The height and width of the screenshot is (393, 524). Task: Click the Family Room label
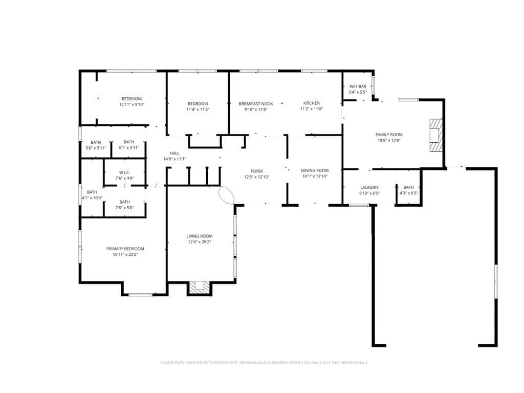tap(389, 135)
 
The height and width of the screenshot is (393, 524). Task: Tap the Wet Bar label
tap(358, 86)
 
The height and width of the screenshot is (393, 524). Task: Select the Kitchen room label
tap(312, 103)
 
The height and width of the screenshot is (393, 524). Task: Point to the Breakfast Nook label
tap(256, 104)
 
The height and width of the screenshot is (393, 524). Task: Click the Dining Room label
tap(315, 170)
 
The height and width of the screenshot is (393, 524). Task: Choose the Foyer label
tap(257, 171)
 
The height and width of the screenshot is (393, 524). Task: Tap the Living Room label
tap(200, 236)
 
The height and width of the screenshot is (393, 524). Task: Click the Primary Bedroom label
tap(125, 249)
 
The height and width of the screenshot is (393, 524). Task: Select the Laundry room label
tap(369, 187)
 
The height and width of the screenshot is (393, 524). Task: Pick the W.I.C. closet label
tap(125, 173)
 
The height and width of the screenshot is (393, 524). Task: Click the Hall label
tap(174, 154)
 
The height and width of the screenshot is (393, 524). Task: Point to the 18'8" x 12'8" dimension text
tap(389, 140)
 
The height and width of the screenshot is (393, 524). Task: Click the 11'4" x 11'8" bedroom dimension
tap(198, 110)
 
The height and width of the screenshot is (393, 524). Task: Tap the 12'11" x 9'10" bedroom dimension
tap(132, 104)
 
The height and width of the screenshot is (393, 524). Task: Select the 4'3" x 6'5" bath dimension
tap(409, 193)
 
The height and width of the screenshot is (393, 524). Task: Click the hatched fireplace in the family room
tap(436, 135)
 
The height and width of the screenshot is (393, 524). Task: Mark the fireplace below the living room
tap(200, 288)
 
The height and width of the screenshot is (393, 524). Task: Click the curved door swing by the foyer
tap(227, 195)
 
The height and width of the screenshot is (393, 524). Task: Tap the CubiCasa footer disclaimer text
tap(264, 362)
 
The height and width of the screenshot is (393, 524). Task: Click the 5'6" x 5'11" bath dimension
tap(96, 148)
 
